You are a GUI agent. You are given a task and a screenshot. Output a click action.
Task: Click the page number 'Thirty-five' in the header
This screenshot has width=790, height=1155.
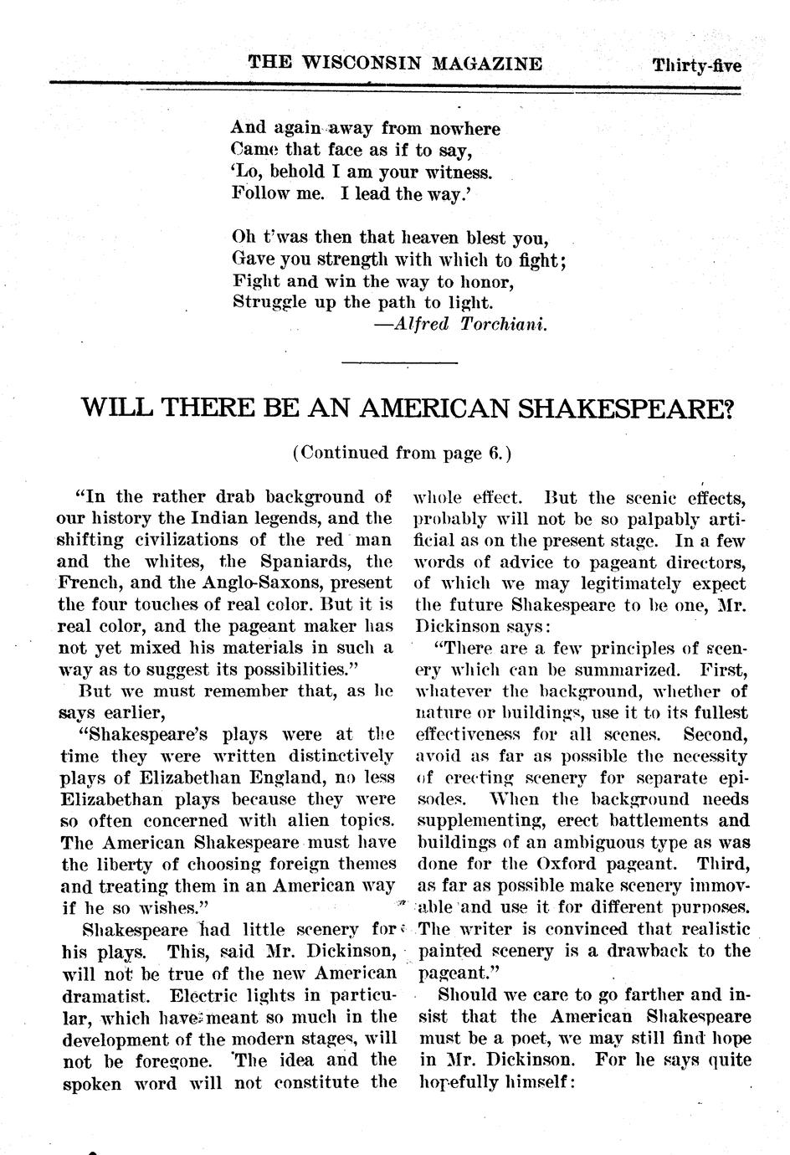(696, 65)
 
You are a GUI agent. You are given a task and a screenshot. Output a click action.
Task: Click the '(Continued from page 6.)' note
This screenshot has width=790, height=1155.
(402, 453)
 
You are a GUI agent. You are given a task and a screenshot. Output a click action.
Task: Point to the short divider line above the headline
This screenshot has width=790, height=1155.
(400, 362)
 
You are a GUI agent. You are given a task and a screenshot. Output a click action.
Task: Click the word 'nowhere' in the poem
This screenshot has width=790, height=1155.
(464, 129)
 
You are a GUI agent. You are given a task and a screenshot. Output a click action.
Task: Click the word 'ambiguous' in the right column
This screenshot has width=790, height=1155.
(557, 843)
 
